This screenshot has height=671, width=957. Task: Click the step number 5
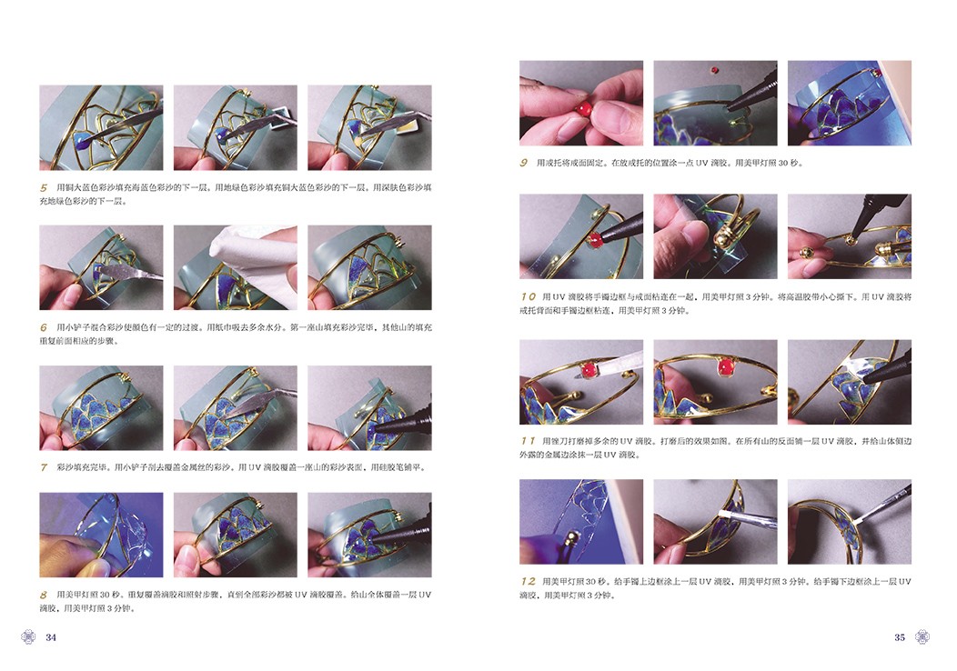pyautogui.click(x=44, y=188)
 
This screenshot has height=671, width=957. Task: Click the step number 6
pyautogui.click(x=44, y=327)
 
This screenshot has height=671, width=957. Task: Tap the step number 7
pyautogui.click(x=44, y=467)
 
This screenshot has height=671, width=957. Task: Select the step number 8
pyautogui.click(x=44, y=595)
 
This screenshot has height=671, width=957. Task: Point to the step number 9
pyautogui.click(x=524, y=163)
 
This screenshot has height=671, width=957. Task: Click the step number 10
pyautogui.click(x=529, y=296)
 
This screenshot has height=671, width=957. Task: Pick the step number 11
pyautogui.click(x=528, y=440)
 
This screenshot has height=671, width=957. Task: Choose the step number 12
pyautogui.click(x=529, y=581)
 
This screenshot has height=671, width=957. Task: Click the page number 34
pyautogui.click(x=51, y=637)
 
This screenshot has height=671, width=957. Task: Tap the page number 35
pyautogui.click(x=900, y=637)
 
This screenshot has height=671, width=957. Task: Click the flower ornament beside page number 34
pyautogui.click(x=28, y=636)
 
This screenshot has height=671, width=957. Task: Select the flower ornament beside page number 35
pyautogui.click(x=922, y=636)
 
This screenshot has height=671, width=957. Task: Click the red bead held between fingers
pyautogui.click(x=583, y=109)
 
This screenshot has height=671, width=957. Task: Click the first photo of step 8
pyautogui.click(x=101, y=535)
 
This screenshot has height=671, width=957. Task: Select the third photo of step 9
pyautogui.click(x=850, y=103)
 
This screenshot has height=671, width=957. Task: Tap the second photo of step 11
pyautogui.click(x=715, y=382)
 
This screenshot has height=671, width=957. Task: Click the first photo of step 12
pyautogui.click(x=581, y=522)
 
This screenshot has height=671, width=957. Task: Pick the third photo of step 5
pyautogui.click(x=370, y=127)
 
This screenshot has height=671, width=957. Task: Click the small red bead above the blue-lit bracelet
pyautogui.click(x=714, y=69)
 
